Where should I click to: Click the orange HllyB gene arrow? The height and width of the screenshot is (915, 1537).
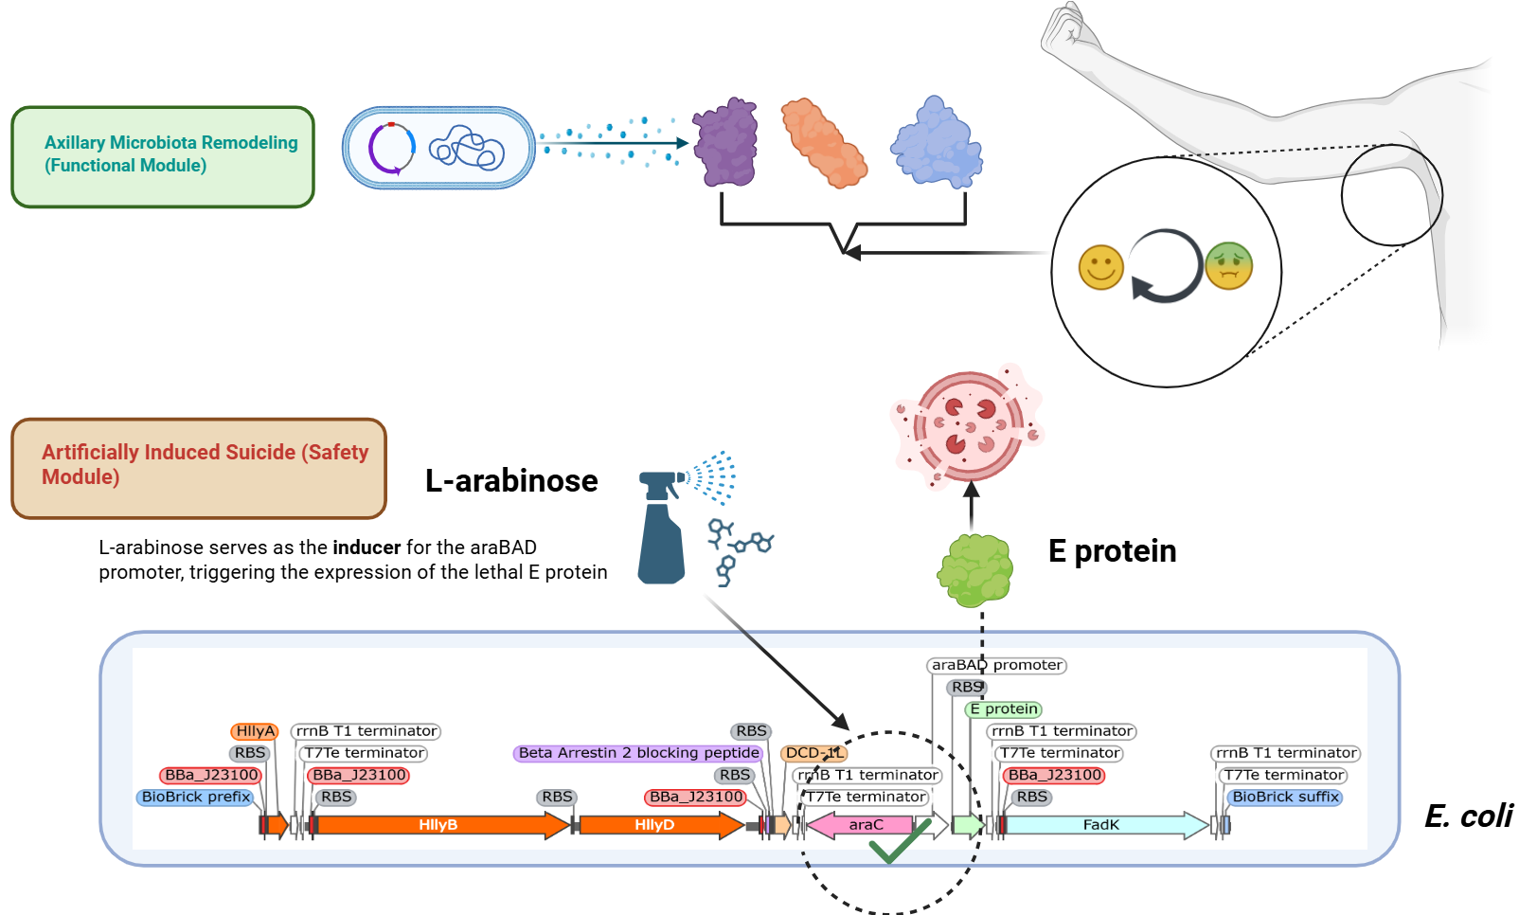(438, 825)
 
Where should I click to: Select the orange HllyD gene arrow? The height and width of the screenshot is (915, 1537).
(655, 825)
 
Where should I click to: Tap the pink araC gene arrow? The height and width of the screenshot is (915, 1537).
(865, 825)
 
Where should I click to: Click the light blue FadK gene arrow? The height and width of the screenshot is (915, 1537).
(1101, 825)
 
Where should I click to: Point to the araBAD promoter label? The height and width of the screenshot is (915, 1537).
(996, 665)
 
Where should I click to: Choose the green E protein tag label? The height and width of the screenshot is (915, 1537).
(1004, 709)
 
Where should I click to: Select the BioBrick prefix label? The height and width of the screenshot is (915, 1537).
(196, 797)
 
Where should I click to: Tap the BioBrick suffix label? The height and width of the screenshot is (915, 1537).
(1285, 797)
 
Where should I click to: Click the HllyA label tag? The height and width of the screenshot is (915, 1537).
(255, 731)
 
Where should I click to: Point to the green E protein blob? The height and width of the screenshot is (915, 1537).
(974, 570)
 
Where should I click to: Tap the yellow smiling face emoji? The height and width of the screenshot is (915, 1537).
(1100, 267)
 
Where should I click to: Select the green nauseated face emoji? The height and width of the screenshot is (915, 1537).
(1229, 266)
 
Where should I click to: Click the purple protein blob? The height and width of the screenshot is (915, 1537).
(726, 143)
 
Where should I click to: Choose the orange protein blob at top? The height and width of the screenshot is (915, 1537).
(822, 143)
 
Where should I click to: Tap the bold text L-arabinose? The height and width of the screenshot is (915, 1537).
(511, 481)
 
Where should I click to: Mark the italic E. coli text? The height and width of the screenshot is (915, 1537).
(1468, 816)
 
